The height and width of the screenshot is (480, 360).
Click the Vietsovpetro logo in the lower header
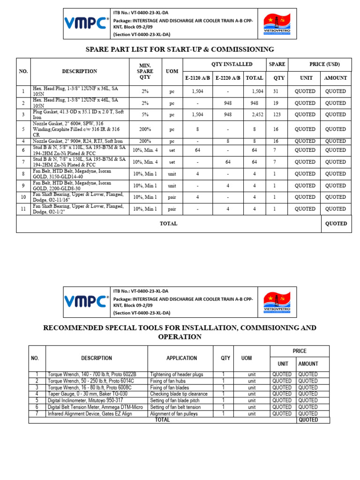point(277,301)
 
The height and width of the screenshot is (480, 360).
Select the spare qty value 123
point(279,115)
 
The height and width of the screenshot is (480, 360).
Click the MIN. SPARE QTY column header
point(145,71)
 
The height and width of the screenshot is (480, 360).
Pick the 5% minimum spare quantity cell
point(145,115)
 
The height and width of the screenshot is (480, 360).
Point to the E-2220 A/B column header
point(228,78)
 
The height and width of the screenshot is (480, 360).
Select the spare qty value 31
point(279,91)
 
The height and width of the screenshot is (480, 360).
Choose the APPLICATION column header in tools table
point(181,358)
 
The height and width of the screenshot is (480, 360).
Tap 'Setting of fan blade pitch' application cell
point(175,401)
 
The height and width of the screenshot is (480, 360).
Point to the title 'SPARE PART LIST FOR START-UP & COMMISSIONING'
point(180,49)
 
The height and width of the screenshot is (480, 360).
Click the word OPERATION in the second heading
point(180,337)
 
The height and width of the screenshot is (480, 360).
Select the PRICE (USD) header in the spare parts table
point(324,65)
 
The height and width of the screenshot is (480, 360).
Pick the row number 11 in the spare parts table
point(23,209)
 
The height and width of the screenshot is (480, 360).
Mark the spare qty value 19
point(279,103)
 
